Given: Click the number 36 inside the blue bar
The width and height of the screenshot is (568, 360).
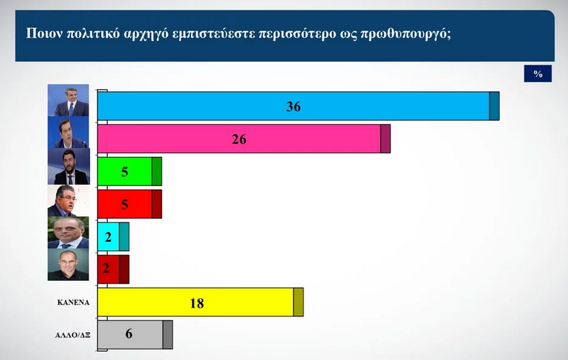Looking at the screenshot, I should pos(293,106).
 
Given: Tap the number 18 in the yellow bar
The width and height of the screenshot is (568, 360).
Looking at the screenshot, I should pos(196,303).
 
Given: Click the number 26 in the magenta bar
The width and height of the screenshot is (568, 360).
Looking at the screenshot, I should pos(239,139).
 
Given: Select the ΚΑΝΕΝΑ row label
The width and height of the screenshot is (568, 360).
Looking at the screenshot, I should pos(72,300).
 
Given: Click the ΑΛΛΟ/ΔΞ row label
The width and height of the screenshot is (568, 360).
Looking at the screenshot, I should pos(72,334).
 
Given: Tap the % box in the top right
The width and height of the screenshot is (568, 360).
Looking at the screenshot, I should pos(537,74).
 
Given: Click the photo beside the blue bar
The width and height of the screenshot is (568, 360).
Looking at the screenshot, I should pos(68,101).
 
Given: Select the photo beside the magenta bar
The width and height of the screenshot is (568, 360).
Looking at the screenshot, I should pos(68,133).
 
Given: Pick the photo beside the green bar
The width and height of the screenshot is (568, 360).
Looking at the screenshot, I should pos(68,167).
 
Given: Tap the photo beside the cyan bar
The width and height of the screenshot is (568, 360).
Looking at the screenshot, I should pos(68,232).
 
